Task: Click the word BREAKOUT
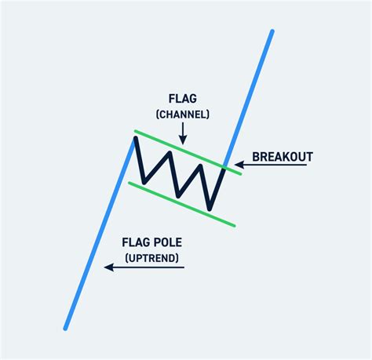pos(283,157)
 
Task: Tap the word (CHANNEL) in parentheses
pos(182,115)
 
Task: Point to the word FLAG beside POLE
pos(136,242)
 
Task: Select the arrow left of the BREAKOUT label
pos(239,165)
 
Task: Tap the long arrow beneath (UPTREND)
pos(144,267)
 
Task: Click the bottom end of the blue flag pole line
pos(65,328)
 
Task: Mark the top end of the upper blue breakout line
pos(272,31)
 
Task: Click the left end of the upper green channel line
pos(134,130)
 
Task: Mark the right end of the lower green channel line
pos(235,226)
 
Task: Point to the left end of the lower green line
pos(129,184)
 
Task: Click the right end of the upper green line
pos(241,173)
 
